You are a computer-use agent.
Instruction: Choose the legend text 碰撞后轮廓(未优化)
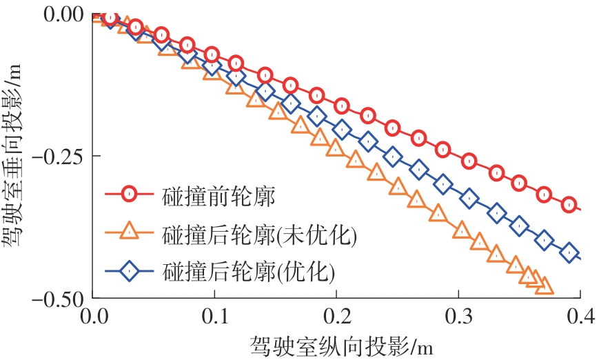tap(260, 234)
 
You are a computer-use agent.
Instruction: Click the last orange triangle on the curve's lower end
tap(544, 285)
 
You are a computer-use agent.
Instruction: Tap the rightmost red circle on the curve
tap(569, 204)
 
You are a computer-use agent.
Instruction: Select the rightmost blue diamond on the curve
tap(569, 253)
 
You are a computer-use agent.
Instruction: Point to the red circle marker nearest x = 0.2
tap(342, 106)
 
